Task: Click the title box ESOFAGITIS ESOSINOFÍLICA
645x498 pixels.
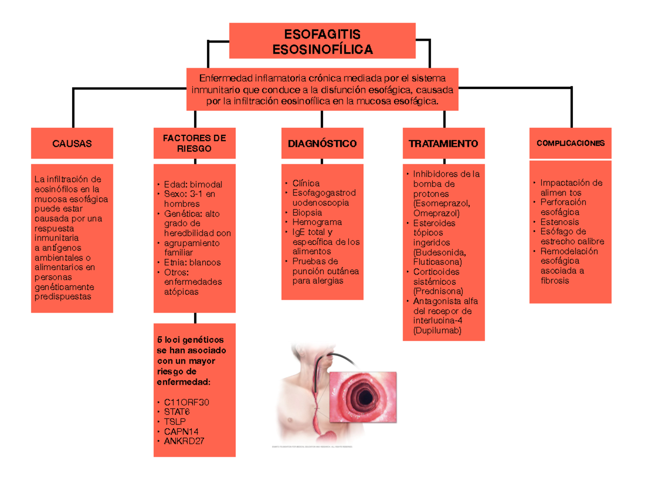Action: coord(322,41)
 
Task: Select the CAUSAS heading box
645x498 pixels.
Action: coord(72,143)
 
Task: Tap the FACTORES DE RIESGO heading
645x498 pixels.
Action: coord(194,143)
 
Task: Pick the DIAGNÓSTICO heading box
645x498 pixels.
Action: coord(322,143)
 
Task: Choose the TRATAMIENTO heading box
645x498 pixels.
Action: coord(443,143)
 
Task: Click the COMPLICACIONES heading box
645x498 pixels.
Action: coord(570,143)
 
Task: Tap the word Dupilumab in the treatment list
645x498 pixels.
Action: coord(437,330)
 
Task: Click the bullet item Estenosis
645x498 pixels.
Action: coord(560,222)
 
